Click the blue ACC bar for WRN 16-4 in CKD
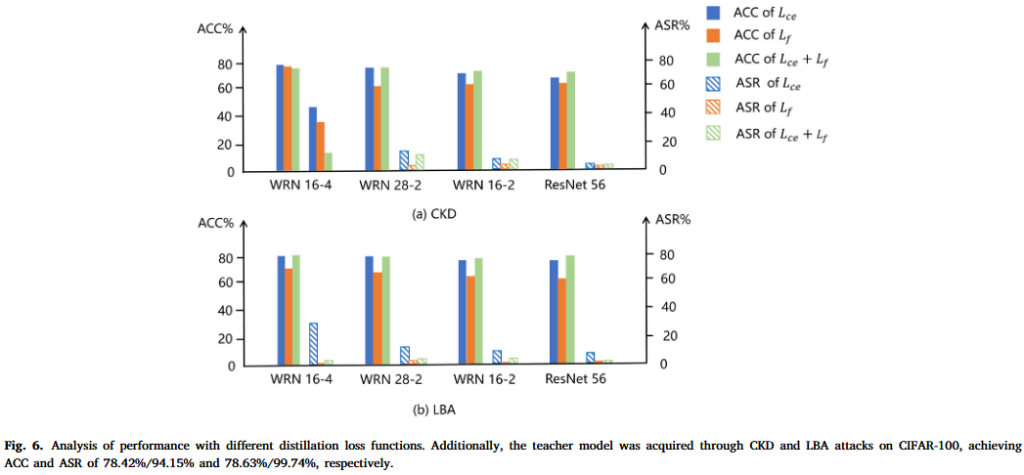point(280,118)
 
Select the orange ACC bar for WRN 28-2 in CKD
point(378,129)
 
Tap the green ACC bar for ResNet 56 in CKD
point(570,121)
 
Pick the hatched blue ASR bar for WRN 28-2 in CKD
point(404,160)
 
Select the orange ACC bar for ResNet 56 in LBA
point(561,322)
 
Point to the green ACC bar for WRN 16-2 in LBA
point(478,312)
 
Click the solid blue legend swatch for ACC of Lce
point(715,12)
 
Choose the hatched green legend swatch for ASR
point(715,133)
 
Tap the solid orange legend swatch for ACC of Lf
point(715,36)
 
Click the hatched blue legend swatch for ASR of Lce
point(715,84)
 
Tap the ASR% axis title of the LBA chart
point(673,220)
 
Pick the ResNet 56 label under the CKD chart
point(575,186)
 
